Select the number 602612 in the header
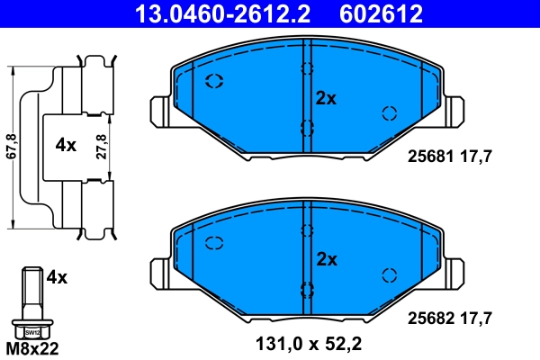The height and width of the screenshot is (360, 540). click(379, 13)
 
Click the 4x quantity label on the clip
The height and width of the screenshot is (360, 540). click(66, 145)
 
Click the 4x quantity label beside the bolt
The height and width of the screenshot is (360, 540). click(56, 277)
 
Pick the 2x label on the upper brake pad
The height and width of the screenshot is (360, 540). click(325, 99)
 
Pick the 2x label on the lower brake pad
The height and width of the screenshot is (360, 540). click(325, 259)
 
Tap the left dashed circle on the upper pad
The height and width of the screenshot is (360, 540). click(215, 82)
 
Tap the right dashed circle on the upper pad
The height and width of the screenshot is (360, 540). click(390, 112)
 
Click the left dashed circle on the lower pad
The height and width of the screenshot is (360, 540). click(215, 242)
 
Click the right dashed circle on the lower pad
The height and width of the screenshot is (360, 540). click(390, 274)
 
